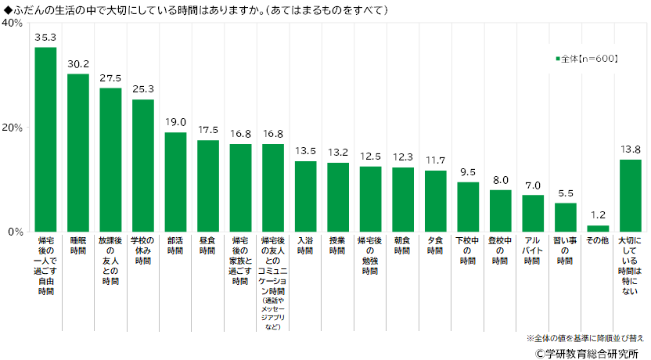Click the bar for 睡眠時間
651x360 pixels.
(78, 153)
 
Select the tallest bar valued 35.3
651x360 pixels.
(45, 139)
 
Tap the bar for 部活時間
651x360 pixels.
(175, 182)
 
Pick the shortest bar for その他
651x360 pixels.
(598, 229)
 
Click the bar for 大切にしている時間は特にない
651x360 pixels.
(630, 196)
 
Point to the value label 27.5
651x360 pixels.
(110, 78)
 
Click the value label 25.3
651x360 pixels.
(143, 90)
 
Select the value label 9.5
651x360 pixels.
(468, 172)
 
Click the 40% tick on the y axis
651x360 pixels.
(13, 23)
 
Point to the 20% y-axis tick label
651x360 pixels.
(13, 128)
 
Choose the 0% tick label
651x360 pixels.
(16, 232)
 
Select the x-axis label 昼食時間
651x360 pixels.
(207, 246)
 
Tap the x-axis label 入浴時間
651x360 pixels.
(305, 246)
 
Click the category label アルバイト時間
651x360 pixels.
(533, 250)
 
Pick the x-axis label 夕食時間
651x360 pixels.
(435, 246)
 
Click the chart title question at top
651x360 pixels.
(196, 9)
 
